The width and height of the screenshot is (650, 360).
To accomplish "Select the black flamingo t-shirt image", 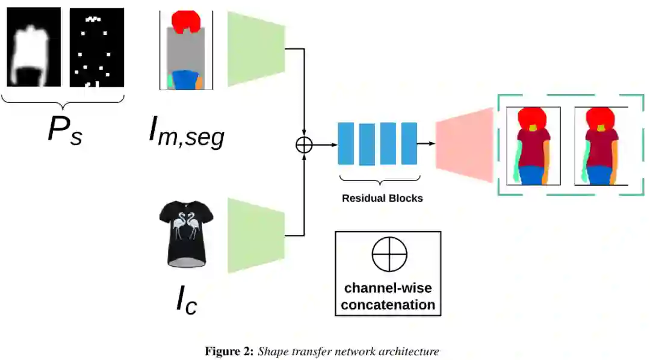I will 187,235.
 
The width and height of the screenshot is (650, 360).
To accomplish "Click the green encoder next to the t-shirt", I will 256,235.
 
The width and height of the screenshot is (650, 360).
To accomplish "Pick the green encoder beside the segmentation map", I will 256,49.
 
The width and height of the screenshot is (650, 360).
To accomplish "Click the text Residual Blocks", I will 382,198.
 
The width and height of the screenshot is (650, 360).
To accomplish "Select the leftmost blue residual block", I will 345,143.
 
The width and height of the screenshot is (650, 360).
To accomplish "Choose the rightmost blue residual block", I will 409,143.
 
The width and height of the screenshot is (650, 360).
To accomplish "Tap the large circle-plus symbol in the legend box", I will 389,255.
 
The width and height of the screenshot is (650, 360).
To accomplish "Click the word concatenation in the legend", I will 388,305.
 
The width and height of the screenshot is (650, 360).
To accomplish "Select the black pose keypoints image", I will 96,48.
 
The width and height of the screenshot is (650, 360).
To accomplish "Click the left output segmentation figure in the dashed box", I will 533,146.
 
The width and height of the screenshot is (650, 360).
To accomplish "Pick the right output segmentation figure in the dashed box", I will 601,146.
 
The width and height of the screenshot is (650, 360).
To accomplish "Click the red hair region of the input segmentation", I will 186,21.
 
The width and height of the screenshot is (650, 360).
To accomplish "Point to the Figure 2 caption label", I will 229,351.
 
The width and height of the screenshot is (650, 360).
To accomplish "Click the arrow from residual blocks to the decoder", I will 426,144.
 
